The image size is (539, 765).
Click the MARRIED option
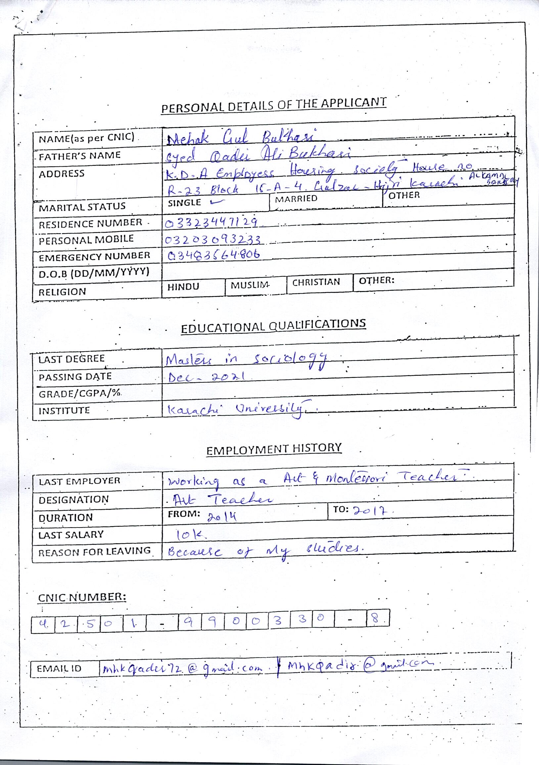[296, 198]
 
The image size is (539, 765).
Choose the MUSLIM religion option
[250, 285]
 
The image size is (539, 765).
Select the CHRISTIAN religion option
[316, 282]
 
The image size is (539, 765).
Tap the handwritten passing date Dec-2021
[207, 377]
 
